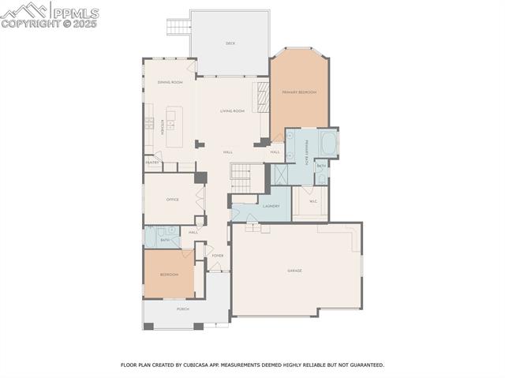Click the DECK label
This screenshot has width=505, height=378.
click(x=230, y=43)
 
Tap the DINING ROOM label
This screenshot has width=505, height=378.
click(x=170, y=82)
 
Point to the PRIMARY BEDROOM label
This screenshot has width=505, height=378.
click(x=299, y=92)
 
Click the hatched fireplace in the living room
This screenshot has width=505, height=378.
click(x=260, y=99)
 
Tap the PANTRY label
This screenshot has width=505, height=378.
click(x=151, y=163)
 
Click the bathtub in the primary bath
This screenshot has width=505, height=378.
click(x=328, y=144)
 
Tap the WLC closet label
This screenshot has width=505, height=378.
click(x=312, y=201)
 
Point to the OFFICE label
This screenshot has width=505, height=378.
click(x=172, y=200)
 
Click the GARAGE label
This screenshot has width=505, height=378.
click(x=294, y=271)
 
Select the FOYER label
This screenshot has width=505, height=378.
click(x=217, y=256)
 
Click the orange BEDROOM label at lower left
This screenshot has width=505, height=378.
click(x=169, y=275)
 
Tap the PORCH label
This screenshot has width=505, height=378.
click(x=182, y=309)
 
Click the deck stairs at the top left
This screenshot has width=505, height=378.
click(x=177, y=28)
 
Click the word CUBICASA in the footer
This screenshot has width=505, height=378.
click(x=201, y=365)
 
